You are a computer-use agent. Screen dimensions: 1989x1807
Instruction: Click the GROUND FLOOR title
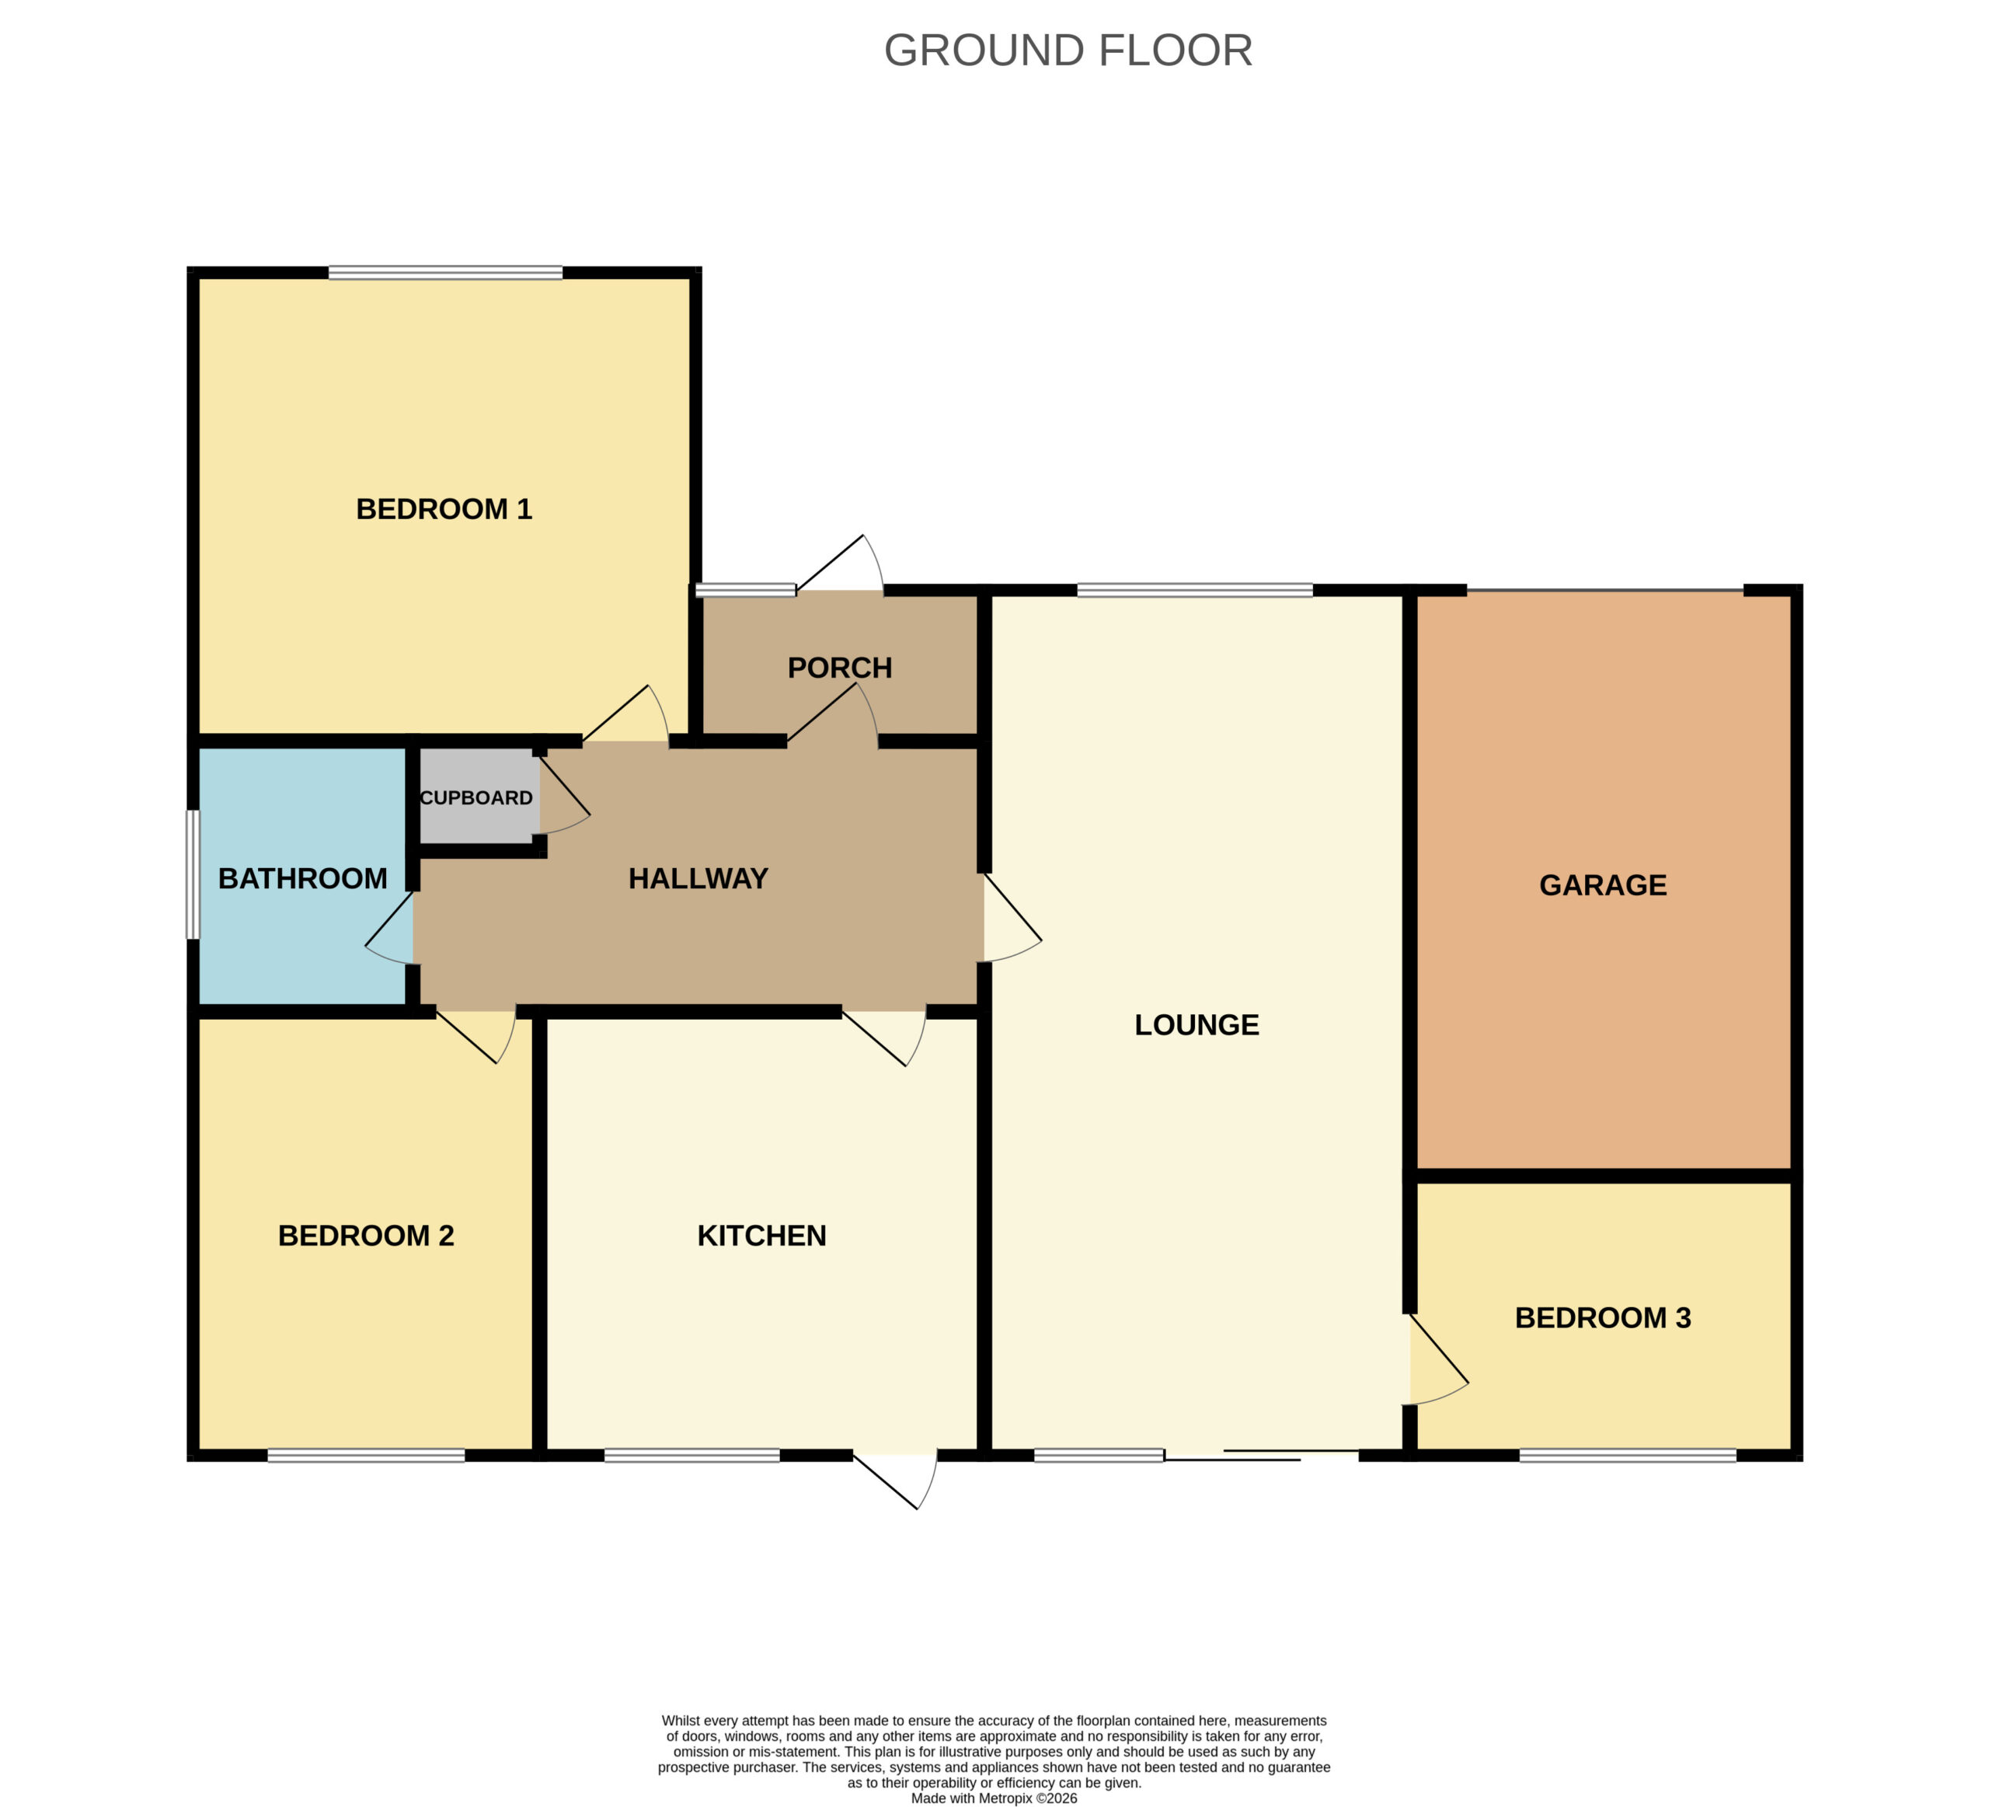point(1068,51)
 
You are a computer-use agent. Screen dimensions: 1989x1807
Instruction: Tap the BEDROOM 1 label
point(444,509)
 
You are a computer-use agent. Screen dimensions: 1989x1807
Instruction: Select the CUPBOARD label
point(476,797)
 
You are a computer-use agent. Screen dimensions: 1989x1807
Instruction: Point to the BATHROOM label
point(303,878)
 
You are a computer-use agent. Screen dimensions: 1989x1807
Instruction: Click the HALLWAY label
point(698,878)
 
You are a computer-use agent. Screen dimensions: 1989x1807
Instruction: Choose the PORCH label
point(840,668)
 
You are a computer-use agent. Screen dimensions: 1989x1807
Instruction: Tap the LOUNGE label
point(1197,1024)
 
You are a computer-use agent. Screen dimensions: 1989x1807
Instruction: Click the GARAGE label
point(1603,885)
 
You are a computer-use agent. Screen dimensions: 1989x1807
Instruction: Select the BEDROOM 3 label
point(1603,1317)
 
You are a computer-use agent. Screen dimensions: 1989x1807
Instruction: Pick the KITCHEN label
point(761,1236)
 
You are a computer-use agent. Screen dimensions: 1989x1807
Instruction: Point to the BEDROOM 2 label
point(366,1236)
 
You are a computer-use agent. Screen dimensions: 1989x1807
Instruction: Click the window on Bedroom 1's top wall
point(446,272)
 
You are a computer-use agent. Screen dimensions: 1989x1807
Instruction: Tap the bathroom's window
point(193,874)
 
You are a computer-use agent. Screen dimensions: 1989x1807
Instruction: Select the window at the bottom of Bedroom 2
point(366,1455)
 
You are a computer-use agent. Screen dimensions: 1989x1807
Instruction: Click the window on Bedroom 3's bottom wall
point(1628,1455)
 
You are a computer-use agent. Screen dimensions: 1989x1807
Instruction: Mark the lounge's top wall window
point(1195,590)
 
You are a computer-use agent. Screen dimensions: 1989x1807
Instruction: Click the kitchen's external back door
point(896,1481)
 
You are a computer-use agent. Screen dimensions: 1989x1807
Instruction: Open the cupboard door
point(564,795)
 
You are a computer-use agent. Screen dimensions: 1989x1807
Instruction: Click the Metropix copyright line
point(994,1798)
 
